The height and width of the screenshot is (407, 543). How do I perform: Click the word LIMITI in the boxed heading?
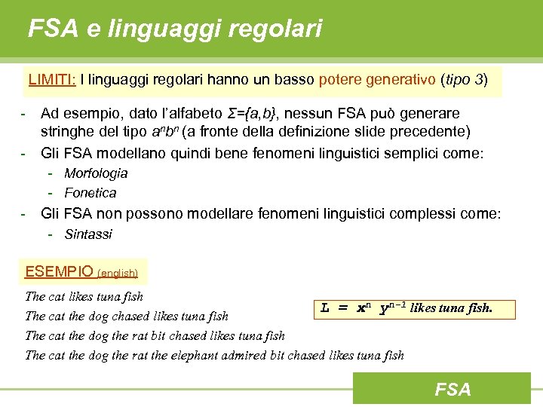[x=50, y=79]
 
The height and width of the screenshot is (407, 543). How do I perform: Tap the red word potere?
[x=341, y=79]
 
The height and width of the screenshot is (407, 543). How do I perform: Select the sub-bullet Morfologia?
[x=96, y=173]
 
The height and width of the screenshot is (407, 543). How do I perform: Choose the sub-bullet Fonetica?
[x=90, y=193]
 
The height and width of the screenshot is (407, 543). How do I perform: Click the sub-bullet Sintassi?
[x=88, y=234]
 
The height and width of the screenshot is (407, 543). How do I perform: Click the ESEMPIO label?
[x=59, y=271]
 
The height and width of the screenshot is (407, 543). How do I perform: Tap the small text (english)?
[x=118, y=274]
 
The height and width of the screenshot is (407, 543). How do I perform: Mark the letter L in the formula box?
[x=325, y=308]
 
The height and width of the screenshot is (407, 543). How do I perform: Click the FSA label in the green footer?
[x=452, y=389]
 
